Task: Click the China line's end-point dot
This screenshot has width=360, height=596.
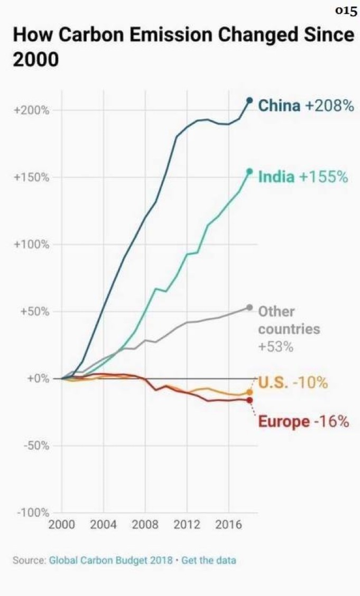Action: pos(250,100)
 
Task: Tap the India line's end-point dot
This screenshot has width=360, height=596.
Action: pos(250,171)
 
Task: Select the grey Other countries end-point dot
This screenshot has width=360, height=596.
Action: pos(250,308)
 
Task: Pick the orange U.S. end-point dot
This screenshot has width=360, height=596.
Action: pos(250,392)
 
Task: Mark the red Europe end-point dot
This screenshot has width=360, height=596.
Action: pos(250,400)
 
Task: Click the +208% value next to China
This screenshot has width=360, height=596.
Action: pos(329,106)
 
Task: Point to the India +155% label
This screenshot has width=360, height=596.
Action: pos(303,177)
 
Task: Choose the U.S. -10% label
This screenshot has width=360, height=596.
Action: pos(293,382)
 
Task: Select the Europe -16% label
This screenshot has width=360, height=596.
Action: pos(303,422)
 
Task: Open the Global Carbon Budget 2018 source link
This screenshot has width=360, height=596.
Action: pos(110,560)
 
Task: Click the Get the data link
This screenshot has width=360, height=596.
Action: pos(208,560)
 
